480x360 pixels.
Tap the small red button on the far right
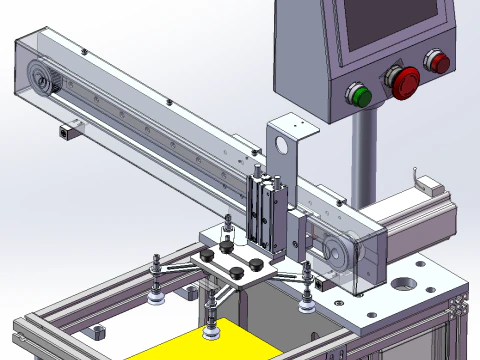[x=438, y=62]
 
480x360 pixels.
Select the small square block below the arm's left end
[x=69, y=129]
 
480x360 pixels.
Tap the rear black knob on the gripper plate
[x=229, y=240]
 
